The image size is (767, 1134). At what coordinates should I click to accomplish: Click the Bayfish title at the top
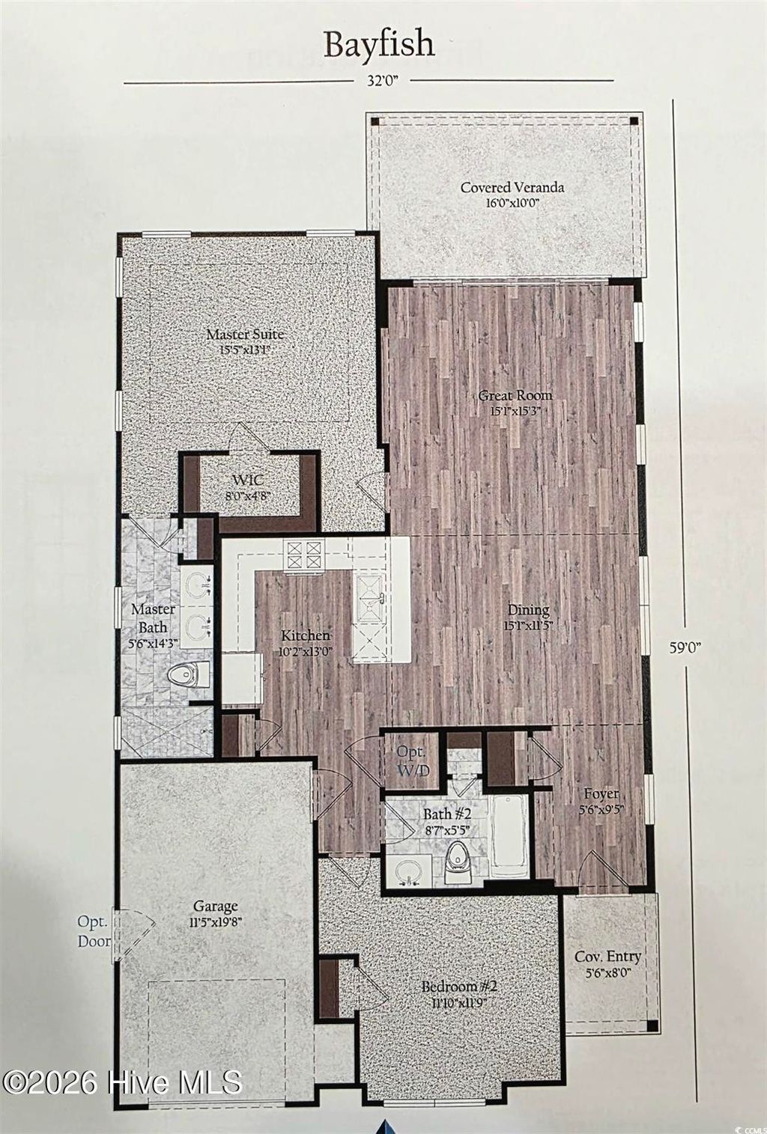click(x=379, y=45)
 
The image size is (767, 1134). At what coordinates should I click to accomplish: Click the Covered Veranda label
click(x=512, y=194)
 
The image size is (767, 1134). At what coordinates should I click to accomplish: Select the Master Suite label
click(x=245, y=341)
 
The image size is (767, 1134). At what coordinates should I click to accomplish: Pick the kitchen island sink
click(x=372, y=594)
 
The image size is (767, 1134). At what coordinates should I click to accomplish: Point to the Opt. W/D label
click(x=411, y=760)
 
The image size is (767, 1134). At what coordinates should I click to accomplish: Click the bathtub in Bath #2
click(x=509, y=835)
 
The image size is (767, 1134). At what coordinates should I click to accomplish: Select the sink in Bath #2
click(x=408, y=873)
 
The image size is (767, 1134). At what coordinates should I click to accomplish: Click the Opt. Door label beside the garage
click(x=94, y=930)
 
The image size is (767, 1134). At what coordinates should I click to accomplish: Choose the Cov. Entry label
click(x=607, y=963)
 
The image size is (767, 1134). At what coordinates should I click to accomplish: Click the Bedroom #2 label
click(x=459, y=993)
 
